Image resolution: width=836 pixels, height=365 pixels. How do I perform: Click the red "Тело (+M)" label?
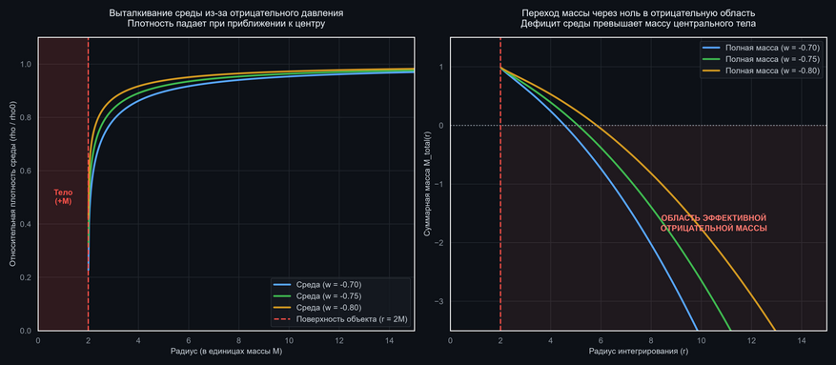click(x=64, y=197)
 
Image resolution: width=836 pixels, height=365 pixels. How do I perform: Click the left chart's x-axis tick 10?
click(x=289, y=340)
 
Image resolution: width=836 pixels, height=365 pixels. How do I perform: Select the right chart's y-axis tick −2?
click(x=439, y=243)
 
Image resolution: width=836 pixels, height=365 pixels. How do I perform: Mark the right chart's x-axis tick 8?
click(x=651, y=340)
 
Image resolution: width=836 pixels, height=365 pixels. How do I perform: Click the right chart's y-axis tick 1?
click(x=442, y=67)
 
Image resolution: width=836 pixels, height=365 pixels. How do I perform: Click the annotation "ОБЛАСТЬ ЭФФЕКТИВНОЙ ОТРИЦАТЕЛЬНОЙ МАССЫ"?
click(x=713, y=223)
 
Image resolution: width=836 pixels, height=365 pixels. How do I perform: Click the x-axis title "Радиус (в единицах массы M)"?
click(x=226, y=352)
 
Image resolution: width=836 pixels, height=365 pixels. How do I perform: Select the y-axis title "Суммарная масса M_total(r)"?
click(x=426, y=184)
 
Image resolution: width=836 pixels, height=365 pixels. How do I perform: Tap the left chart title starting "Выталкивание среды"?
click(x=226, y=19)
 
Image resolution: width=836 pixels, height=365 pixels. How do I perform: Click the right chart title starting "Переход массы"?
click(x=638, y=19)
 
